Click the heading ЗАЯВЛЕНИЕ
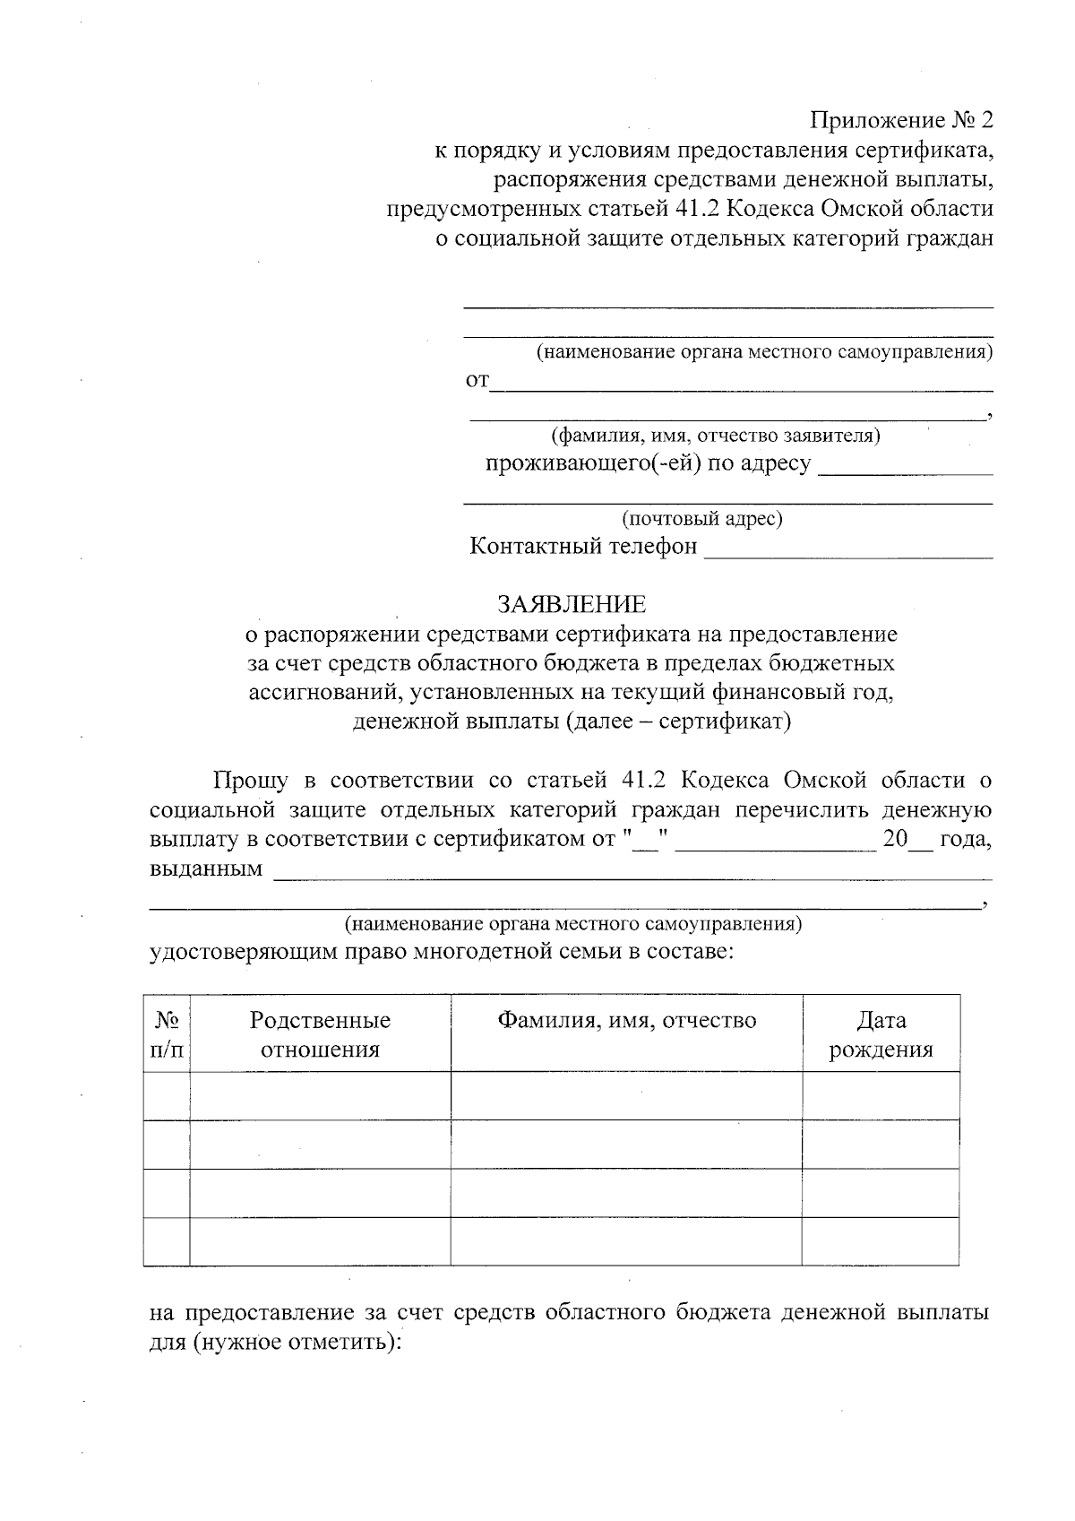pyautogui.click(x=572, y=603)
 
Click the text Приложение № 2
pyautogui.click(x=902, y=120)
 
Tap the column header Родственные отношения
pyautogui.click(x=320, y=1034)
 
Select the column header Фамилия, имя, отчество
pyautogui.click(x=627, y=1020)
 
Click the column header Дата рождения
pyautogui.click(x=881, y=1034)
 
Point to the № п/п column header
pyautogui.click(x=167, y=1034)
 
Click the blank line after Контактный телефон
pyautogui.click(x=848, y=550)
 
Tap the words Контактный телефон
pyautogui.click(x=583, y=546)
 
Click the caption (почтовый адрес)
pyautogui.click(x=702, y=519)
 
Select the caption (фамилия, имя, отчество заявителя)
pyautogui.click(x=715, y=436)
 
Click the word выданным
pyautogui.click(x=206, y=869)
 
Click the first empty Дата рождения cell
pyautogui.click(x=881, y=1095)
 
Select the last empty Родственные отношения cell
pyautogui.click(x=320, y=1241)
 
